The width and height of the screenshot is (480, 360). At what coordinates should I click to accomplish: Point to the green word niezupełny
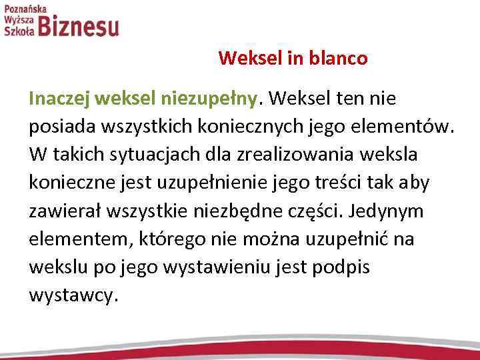(207, 99)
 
